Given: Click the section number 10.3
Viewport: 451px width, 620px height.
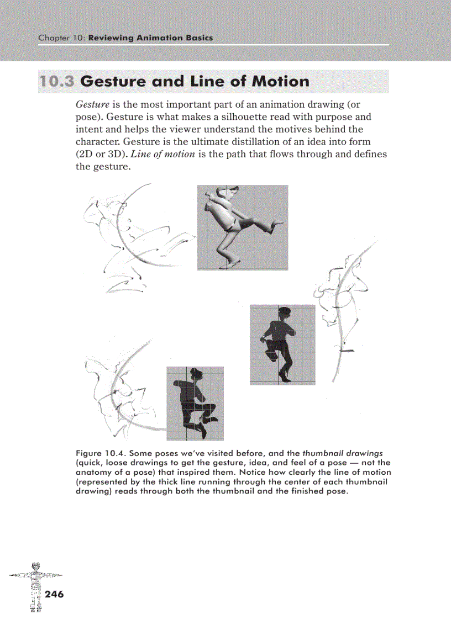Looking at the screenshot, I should click(57, 82).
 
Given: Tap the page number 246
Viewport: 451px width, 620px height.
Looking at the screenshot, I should click(55, 594).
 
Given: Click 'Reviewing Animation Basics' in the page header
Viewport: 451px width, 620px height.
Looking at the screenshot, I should click(150, 38).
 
